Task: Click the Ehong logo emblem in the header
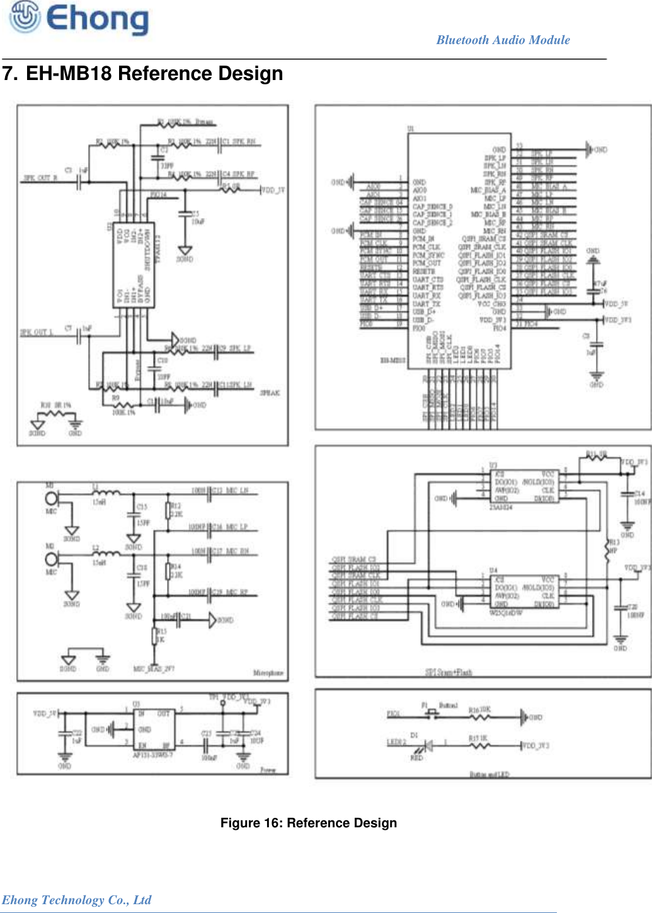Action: click(23, 17)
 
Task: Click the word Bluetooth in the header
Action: click(462, 40)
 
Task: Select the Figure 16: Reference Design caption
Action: click(308, 823)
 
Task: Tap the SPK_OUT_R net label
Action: click(40, 178)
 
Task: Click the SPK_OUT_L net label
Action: click(37, 332)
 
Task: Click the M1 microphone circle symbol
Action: click(52, 498)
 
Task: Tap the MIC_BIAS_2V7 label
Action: click(154, 669)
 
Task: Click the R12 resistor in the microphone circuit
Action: click(168, 510)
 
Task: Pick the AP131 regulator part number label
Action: click(152, 755)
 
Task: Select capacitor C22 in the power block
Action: click(65, 735)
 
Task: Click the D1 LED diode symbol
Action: click(428, 746)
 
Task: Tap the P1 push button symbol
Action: click(432, 714)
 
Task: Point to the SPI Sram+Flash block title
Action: click(448, 673)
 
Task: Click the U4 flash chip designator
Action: click(493, 571)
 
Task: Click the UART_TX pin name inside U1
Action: click(426, 304)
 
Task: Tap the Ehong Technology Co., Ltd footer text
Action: click(76, 900)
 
